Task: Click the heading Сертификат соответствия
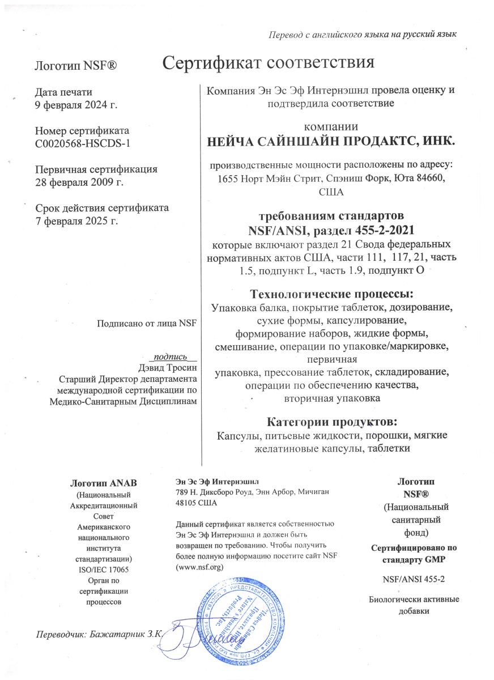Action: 269,62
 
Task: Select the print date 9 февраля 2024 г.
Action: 76,104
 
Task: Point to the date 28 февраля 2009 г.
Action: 79,182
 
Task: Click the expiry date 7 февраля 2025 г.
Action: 76,220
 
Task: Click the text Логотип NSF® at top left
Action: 76,66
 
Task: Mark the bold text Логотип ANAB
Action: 103,483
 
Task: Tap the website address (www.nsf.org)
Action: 201,567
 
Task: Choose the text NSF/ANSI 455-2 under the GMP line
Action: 414,579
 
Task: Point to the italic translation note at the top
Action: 362,35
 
